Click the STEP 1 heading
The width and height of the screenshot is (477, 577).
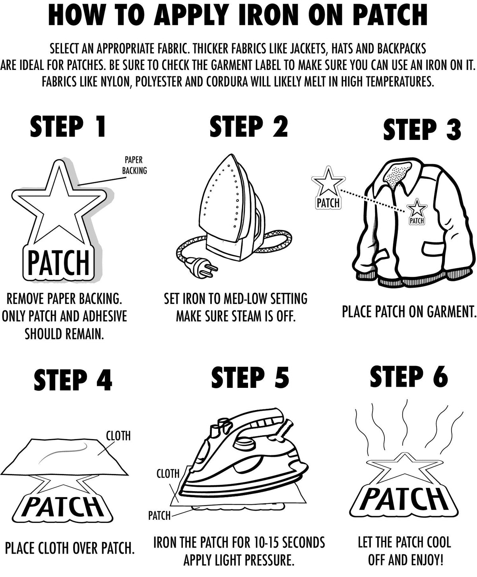click(x=68, y=126)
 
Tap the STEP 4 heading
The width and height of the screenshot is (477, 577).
click(x=73, y=380)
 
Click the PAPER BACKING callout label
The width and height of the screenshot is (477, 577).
click(x=134, y=165)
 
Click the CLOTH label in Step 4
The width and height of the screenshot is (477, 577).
click(x=118, y=436)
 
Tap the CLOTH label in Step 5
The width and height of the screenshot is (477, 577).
click(x=168, y=474)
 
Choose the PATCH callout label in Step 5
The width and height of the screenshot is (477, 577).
click(x=159, y=516)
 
